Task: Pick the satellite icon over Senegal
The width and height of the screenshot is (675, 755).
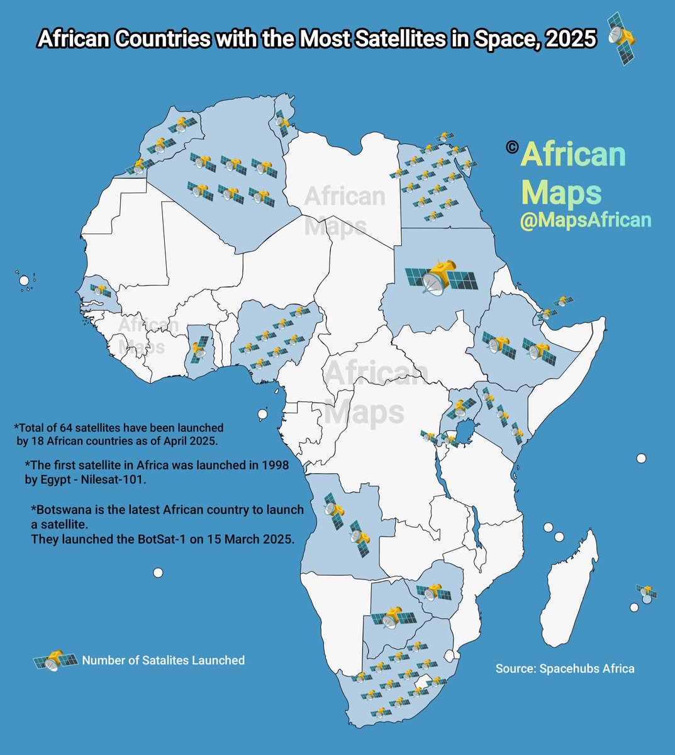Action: [100, 290]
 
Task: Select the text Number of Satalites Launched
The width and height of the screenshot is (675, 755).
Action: [163, 661]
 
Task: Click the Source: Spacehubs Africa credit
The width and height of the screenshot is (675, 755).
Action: [564, 668]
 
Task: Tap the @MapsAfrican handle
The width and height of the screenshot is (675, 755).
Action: [585, 220]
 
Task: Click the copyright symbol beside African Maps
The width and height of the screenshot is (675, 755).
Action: [511, 147]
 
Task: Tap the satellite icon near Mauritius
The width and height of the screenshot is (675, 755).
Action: [647, 591]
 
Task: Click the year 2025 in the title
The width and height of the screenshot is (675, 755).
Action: [571, 39]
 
